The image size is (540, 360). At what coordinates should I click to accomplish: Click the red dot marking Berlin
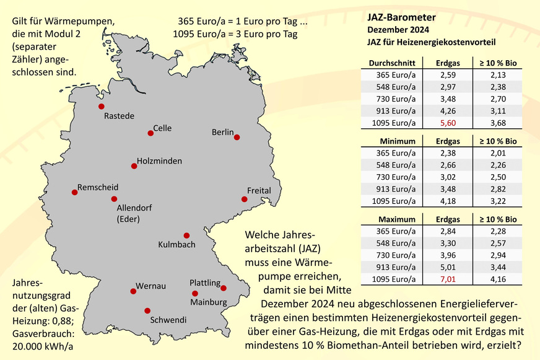click(x=237, y=138)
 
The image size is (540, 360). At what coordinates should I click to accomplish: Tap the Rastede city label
click(x=119, y=116)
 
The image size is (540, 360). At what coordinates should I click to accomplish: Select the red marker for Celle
click(x=150, y=133)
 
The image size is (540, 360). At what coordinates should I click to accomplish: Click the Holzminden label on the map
click(x=160, y=161)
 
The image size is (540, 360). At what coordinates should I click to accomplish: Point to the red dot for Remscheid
click(x=74, y=192)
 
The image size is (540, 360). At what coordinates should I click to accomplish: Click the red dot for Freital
click(x=245, y=200)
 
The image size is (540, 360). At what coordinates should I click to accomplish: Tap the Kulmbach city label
click(x=176, y=244)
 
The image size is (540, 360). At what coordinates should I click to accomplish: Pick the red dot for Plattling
click(x=224, y=288)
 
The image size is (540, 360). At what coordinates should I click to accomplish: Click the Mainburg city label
click(x=209, y=302)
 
